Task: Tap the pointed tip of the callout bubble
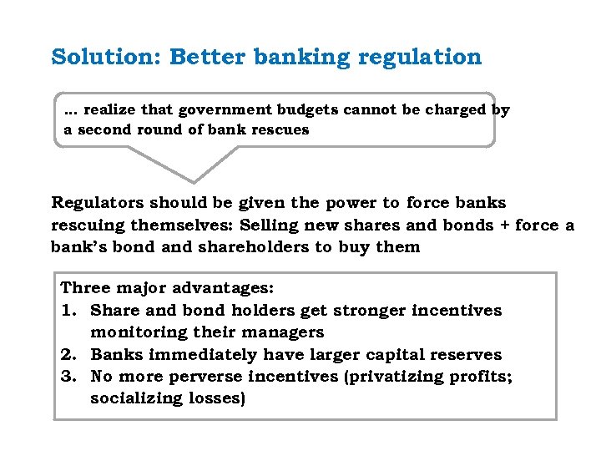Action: click(194, 181)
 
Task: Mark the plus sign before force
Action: click(503, 225)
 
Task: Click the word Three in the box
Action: click(85, 288)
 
